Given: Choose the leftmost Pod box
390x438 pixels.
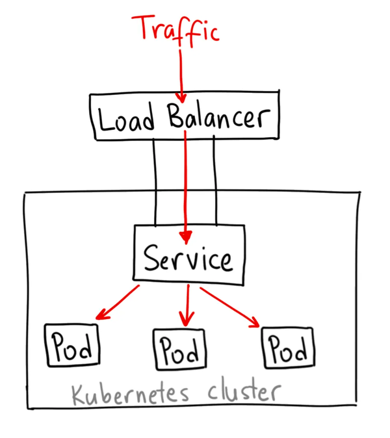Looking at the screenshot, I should coord(72,346).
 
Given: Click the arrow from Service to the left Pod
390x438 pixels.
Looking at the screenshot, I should coord(117,302).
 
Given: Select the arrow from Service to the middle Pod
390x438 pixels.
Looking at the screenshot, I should coord(187,305).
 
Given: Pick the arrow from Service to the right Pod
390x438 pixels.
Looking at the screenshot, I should coord(231,305).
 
